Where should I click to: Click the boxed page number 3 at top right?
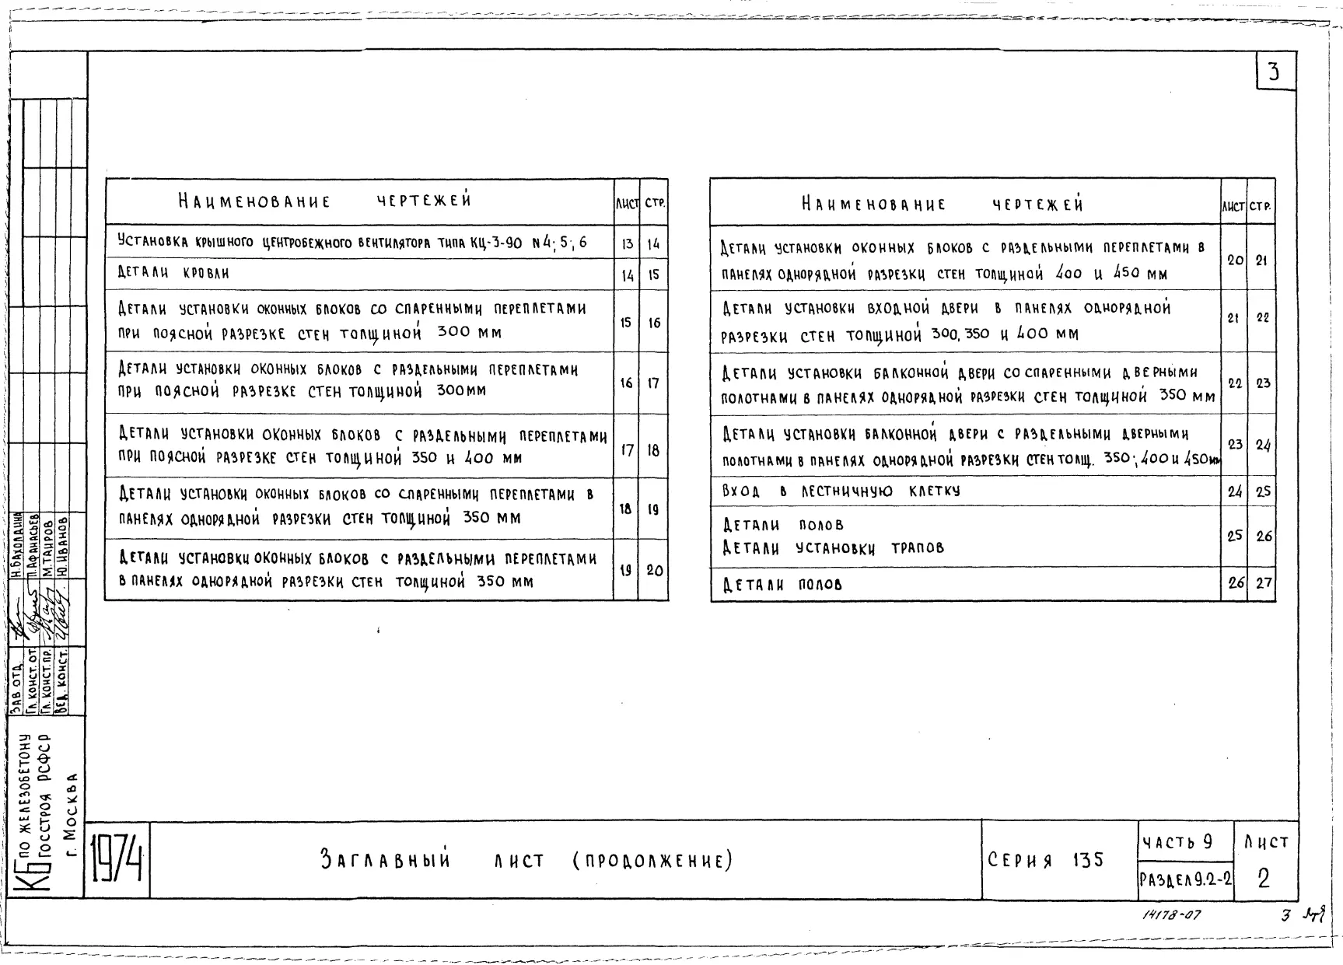pos(1273,72)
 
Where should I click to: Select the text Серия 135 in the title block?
pos(1045,860)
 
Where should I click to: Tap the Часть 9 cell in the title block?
pos(1177,842)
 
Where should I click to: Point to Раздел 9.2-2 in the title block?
pos(1185,881)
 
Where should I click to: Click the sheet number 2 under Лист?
pos(1264,879)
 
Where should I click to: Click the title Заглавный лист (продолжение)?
pos(526,861)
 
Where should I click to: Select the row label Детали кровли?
pos(173,273)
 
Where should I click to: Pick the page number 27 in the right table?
pos(1263,583)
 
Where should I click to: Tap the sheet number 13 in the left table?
pos(627,244)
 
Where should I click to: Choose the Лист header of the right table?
pos(1233,207)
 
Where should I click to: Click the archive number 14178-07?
pos(1172,914)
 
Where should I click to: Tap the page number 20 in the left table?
pos(655,571)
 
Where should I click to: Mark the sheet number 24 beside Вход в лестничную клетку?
pos(1234,491)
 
